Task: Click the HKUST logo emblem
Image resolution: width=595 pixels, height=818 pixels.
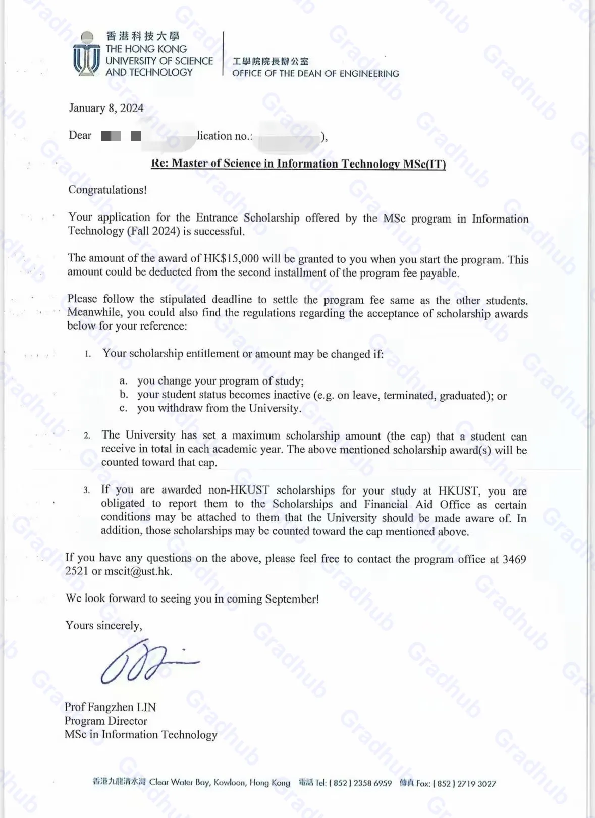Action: (86, 54)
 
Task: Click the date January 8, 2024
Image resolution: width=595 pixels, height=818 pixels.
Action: (106, 108)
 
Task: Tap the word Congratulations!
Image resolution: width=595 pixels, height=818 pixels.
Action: (107, 190)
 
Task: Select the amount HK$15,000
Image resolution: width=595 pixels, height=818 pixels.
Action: (231, 259)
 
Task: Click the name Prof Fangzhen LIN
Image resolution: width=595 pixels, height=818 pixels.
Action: (110, 707)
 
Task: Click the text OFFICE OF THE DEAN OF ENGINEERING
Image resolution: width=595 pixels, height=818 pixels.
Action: (315, 74)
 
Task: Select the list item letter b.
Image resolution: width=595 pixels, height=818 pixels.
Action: (124, 395)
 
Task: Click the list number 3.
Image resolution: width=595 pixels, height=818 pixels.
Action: (87, 490)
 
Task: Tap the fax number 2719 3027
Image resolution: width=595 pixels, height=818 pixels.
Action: (476, 784)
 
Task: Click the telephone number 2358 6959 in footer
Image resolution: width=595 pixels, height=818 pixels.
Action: (372, 783)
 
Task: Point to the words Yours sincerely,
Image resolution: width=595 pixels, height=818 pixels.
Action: (103, 626)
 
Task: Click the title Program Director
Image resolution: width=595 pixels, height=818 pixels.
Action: (105, 721)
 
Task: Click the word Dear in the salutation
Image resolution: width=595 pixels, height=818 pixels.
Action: (80, 135)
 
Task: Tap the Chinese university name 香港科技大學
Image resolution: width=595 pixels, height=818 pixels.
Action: (143, 36)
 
